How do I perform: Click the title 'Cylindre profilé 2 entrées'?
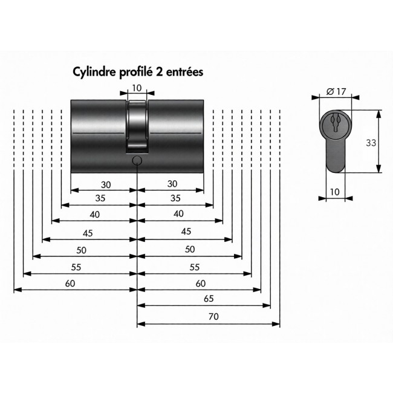(138, 71)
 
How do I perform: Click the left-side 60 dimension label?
(70, 283)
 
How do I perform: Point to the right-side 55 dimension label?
(195, 267)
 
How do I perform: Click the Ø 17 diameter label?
(336, 91)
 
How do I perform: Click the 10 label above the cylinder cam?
(137, 88)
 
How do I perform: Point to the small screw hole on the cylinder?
(137, 160)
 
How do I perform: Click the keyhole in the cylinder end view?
(335, 123)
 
